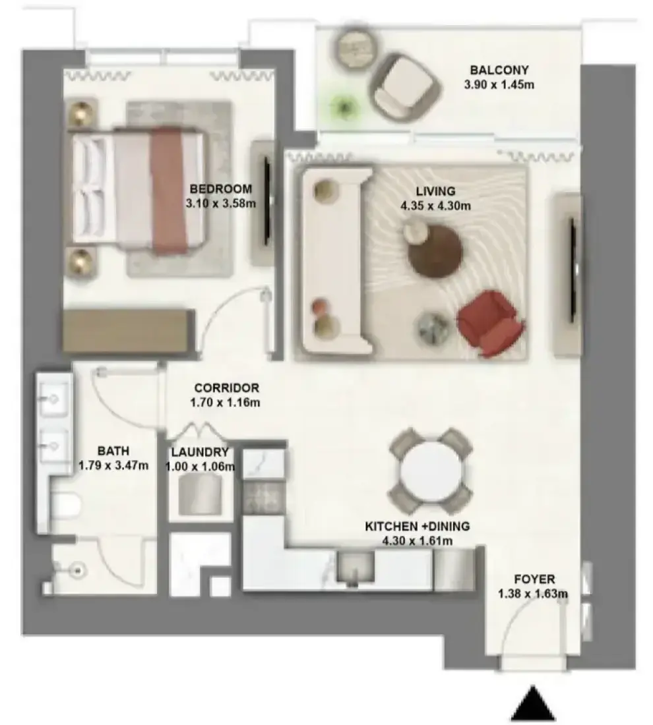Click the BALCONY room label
coord(499,71)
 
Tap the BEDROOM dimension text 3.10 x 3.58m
coord(221,203)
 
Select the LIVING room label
coord(435,191)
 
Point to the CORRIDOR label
coord(226,388)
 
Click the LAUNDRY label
coord(200,451)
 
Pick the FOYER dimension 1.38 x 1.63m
coord(533,594)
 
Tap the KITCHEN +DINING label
coord(418,526)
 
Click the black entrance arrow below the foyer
coord(533,703)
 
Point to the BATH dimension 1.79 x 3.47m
coord(113,465)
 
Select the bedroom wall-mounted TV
coord(267,201)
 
